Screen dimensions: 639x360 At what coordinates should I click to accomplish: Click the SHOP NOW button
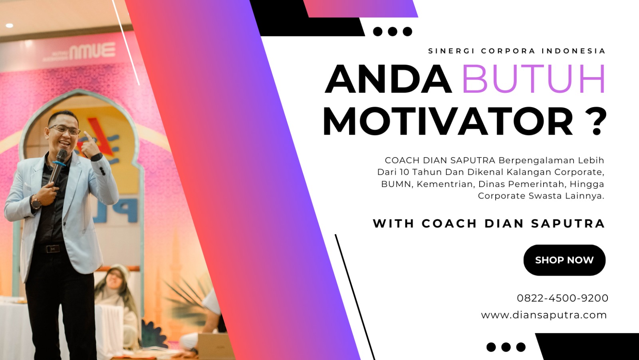tap(564, 260)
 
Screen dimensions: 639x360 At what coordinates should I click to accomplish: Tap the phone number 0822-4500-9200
tap(563, 298)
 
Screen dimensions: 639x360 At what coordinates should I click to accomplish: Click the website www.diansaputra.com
tap(544, 315)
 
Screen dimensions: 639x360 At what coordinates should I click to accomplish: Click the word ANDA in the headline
tap(388, 79)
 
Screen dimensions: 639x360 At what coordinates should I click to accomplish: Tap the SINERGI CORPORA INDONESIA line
tap(517, 51)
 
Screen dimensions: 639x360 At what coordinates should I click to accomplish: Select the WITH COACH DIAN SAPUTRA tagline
tap(489, 223)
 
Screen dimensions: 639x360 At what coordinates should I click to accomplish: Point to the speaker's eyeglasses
tap(65, 130)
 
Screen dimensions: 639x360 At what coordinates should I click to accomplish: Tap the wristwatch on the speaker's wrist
tap(36, 203)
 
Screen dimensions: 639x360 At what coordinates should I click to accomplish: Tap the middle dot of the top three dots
tap(393, 32)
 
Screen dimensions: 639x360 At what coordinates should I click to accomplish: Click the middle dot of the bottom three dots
tap(506, 347)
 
